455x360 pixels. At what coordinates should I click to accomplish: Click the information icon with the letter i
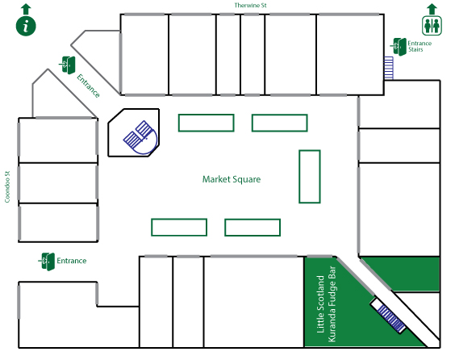[x=26, y=26]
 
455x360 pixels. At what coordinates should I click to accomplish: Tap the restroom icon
[x=432, y=26]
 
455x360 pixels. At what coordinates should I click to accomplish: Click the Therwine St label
[x=250, y=5]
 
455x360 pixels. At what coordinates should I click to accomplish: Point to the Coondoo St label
[x=7, y=186]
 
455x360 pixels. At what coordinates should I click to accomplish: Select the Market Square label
[x=232, y=179]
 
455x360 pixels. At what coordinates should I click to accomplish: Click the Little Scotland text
[x=320, y=304]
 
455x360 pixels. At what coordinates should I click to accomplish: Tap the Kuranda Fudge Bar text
[x=332, y=304]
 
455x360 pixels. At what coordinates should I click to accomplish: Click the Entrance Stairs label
[x=420, y=46]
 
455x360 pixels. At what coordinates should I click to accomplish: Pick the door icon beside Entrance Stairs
[x=399, y=47]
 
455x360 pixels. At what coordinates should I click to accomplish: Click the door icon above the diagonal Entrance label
[x=67, y=65]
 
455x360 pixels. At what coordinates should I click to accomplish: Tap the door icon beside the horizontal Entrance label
[x=47, y=262]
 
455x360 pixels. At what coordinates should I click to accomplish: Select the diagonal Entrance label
[x=88, y=86]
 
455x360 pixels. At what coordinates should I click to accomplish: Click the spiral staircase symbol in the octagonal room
[x=140, y=137]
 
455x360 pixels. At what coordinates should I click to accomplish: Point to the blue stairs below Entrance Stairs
[x=389, y=68]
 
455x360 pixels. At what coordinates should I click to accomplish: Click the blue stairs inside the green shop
[x=391, y=319]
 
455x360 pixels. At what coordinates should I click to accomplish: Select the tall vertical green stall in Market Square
[x=310, y=177]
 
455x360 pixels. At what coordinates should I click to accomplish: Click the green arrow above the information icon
[x=26, y=9]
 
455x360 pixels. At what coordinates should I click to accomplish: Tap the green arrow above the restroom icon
[x=432, y=9]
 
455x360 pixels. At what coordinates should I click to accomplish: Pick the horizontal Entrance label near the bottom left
[x=71, y=261]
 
